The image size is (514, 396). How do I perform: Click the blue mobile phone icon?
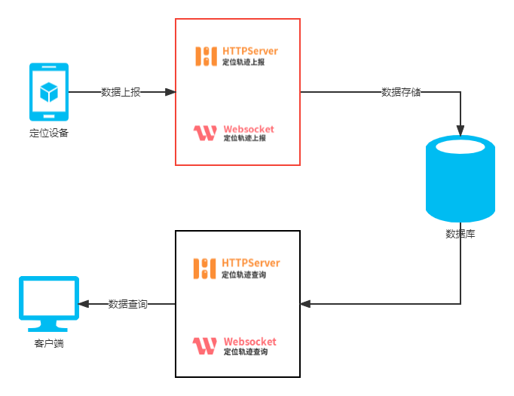click(48, 92)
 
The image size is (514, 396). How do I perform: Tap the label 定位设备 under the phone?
click(48, 134)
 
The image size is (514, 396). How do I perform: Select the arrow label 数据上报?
click(121, 92)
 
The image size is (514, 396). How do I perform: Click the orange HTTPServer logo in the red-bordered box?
click(207, 56)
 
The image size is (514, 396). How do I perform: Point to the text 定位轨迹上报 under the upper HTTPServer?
click(243, 63)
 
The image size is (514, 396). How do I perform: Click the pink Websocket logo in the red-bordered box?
click(205, 134)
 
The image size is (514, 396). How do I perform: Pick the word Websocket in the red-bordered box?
click(249, 129)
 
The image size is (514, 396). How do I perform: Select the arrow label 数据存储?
click(401, 92)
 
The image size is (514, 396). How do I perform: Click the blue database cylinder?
click(460, 178)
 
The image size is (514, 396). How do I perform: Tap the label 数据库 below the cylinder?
click(460, 234)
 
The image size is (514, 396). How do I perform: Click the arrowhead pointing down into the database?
click(460, 130)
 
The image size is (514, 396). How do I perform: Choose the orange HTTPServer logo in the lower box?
click(205, 268)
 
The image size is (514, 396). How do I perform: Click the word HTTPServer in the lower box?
click(251, 262)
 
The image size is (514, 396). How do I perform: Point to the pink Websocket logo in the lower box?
click(205, 346)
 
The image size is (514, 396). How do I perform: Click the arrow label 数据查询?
click(127, 304)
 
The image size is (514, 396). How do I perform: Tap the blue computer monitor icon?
click(49, 303)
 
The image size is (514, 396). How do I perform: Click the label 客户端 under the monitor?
click(49, 344)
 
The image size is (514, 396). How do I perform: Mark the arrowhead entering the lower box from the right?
click(304, 304)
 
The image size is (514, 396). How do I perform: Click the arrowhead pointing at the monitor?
click(84, 304)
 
